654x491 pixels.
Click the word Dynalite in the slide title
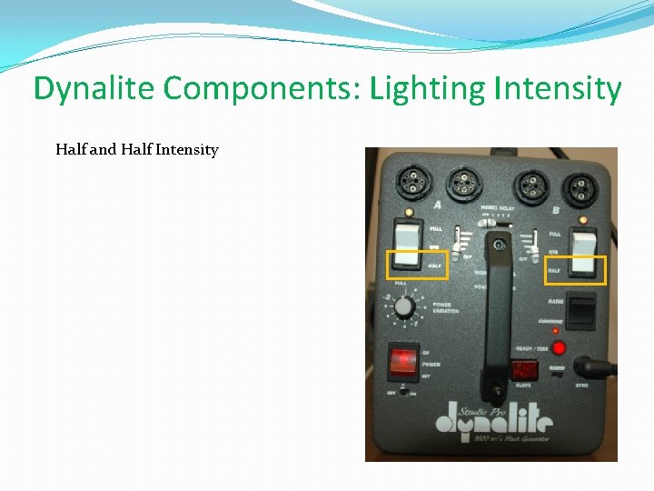(x=95, y=89)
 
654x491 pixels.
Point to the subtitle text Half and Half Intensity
(x=136, y=149)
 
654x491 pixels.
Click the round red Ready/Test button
(x=560, y=347)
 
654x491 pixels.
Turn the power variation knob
(x=405, y=306)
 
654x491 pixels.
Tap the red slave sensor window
(x=524, y=371)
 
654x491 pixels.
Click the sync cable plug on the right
(x=599, y=368)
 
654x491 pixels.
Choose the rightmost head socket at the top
(x=578, y=188)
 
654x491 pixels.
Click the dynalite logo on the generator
(x=493, y=420)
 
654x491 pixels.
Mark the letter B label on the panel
(x=555, y=210)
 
